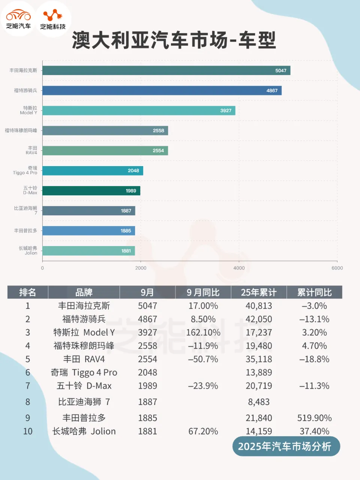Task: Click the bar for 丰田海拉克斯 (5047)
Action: [166, 70]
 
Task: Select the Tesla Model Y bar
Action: [139, 111]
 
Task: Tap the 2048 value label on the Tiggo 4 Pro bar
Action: [133, 171]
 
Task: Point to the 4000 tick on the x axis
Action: [239, 268]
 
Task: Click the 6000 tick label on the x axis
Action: [337, 268]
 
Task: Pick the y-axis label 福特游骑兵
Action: [25, 90]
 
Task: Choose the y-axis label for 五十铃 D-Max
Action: [30, 190]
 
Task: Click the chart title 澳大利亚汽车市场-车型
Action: [174, 40]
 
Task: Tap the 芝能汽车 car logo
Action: [18, 19]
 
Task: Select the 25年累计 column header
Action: [259, 292]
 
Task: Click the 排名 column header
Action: [27, 292]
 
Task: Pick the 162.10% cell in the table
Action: [203, 333]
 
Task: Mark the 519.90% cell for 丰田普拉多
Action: [314, 418]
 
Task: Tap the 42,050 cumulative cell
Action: [259, 319]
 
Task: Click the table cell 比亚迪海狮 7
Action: [84, 402]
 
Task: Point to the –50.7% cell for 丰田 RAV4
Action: [203, 359]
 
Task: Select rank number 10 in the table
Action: [28, 431]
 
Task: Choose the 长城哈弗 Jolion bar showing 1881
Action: [88, 251]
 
